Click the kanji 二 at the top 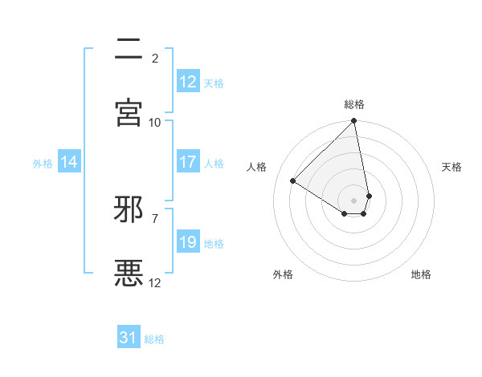pyautogui.click(x=129, y=50)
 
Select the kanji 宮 pyautogui.click(x=129, y=112)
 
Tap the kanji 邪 pyautogui.click(x=129, y=209)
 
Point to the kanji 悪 pyautogui.click(x=129, y=273)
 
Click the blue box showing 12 pyautogui.click(x=188, y=82)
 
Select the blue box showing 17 pyautogui.click(x=188, y=162)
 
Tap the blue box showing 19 pyautogui.click(x=188, y=242)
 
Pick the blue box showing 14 pyautogui.click(x=69, y=162)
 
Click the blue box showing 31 pyautogui.click(x=129, y=338)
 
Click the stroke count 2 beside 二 pyautogui.click(x=155, y=58)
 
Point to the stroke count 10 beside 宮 pyautogui.click(x=155, y=122)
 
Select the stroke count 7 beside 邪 pyautogui.click(x=155, y=218)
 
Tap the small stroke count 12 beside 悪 pyautogui.click(x=155, y=282)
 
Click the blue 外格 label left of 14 pyautogui.click(x=43, y=164)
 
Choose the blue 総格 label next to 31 pyautogui.click(x=154, y=339)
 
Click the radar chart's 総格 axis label pyautogui.click(x=354, y=104)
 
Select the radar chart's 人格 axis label pyautogui.click(x=256, y=167)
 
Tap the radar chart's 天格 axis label pyautogui.click(x=452, y=167)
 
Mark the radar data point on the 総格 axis pyautogui.click(x=354, y=122)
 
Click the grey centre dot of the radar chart pyautogui.click(x=354, y=200)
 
